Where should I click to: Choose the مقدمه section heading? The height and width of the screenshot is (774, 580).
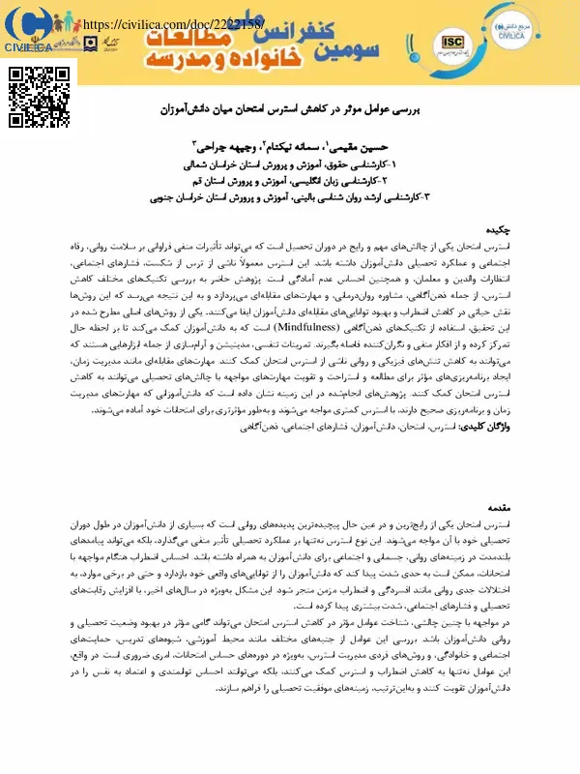click(x=508, y=505)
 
